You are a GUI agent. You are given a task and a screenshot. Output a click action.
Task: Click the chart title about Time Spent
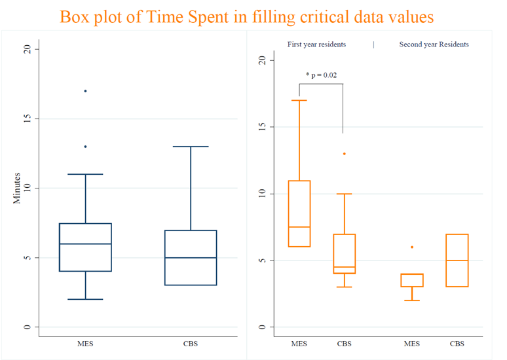[246, 16]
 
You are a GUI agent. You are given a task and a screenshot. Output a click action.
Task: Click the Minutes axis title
[18, 188]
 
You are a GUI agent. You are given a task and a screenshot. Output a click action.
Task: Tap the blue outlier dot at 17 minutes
[85, 91]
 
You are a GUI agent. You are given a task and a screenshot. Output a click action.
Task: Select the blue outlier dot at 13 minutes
[85, 147]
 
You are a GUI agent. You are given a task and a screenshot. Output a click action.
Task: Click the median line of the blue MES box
[85, 243]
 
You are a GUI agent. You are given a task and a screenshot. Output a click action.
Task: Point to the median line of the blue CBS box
[191, 258]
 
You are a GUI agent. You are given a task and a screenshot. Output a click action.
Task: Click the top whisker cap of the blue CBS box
[191, 147]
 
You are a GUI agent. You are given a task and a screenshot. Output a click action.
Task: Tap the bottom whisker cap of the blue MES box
[85, 299]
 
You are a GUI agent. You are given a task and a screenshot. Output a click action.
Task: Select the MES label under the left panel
[85, 343]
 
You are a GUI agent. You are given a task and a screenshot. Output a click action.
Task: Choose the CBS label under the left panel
[191, 343]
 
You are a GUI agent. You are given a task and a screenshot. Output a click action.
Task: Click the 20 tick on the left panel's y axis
[27, 49]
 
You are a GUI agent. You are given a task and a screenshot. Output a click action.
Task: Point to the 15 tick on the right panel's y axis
[262, 126]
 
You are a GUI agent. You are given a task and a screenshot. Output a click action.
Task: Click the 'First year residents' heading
[316, 45]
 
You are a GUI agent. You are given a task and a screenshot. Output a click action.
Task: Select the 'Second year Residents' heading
[434, 45]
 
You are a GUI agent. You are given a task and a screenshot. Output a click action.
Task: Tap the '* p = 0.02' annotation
[321, 75]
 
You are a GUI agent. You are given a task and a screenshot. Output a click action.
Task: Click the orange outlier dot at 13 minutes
[344, 154]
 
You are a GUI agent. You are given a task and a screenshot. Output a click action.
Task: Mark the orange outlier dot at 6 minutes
[412, 247]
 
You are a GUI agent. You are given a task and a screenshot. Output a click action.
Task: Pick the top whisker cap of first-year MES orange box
[299, 100]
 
